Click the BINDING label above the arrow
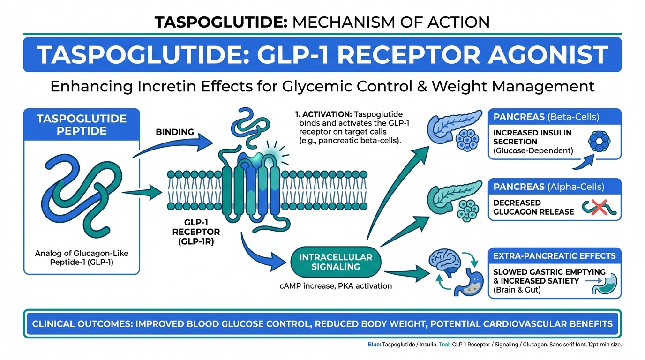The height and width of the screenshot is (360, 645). point(174,132)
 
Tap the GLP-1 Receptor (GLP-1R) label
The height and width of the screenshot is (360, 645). point(196,232)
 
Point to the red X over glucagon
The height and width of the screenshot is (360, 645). point(597,206)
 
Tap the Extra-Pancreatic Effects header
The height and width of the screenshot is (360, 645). point(555,256)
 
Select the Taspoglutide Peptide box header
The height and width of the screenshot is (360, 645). point(82,124)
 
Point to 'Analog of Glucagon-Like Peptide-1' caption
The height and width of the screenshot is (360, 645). point(82,258)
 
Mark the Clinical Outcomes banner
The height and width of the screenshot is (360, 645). point(322,324)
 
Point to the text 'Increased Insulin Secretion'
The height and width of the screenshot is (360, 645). point(532,137)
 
